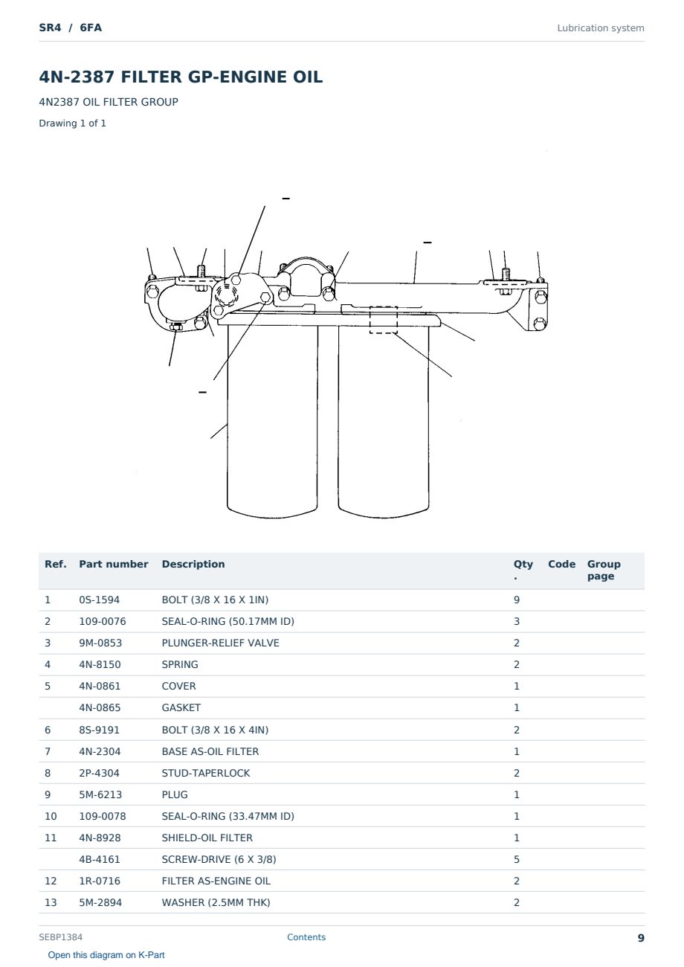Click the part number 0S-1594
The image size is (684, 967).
pos(100,600)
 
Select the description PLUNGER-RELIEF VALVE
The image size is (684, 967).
pos(220,643)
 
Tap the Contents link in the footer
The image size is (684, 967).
pos(306,937)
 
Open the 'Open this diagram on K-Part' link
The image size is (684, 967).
pos(106,954)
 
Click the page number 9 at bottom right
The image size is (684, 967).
pos(641,938)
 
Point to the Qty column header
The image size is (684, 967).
pos(523,570)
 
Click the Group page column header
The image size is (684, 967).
pos(604,570)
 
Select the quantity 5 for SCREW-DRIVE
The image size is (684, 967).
pos(517,859)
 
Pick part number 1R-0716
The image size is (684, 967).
pos(100,881)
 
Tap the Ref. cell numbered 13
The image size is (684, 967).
pos(51,902)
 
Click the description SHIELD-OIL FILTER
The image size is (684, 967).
pos(207,838)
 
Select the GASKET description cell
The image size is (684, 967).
pos(181,707)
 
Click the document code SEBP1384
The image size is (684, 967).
pos(61,937)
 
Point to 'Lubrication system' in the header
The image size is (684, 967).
pos(601,28)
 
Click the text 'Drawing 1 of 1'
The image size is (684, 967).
pos(73,123)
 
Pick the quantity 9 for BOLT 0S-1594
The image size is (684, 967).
pos(517,600)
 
